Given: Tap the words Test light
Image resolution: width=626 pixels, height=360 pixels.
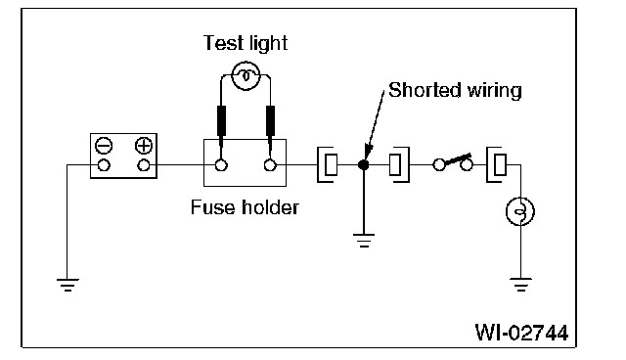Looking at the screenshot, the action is pyautogui.click(x=246, y=43).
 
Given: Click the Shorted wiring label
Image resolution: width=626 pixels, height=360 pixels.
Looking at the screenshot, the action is pyautogui.click(x=455, y=90).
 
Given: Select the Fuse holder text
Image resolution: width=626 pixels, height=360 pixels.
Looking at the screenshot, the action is pyautogui.click(x=245, y=207).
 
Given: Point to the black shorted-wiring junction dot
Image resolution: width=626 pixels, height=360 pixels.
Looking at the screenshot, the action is pyautogui.click(x=363, y=164).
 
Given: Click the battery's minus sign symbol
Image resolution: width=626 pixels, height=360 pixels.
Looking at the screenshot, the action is pyautogui.click(x=104, y=146).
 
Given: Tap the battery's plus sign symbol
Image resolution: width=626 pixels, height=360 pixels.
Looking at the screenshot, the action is pyautogui.click(x=144, y=146).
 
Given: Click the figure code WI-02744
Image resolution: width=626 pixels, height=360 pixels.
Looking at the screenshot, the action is pyautogui.click(x=521, y=333).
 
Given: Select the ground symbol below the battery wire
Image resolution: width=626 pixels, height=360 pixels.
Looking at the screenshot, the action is pyautogui.click(x=67, y=285).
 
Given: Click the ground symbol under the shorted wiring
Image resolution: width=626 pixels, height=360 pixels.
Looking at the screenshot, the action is pyautogui.click(x=364, y=241).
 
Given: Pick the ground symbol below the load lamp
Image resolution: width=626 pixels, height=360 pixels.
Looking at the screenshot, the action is pyautogui.click(x=520, y=285).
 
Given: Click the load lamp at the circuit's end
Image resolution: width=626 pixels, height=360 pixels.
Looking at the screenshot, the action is pyautogui.click(x=520, y=211).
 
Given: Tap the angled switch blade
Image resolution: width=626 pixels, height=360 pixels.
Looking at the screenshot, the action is pyautogui.click(x=458, y=159).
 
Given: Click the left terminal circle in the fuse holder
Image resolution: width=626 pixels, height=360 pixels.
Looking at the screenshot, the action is pyautogui.click(x=221, y=164).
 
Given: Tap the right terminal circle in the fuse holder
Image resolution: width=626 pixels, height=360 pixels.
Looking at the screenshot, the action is pyautogui.click(x=270, y=164).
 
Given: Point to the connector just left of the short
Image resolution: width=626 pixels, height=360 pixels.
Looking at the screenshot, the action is pyautogui.click(x=328, y=164).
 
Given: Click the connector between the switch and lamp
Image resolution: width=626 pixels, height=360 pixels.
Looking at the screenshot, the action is pyautogui.click(x=497, y=164).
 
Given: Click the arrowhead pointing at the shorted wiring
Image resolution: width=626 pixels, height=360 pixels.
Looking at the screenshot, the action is pyautogui.click(x=369, y=152).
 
